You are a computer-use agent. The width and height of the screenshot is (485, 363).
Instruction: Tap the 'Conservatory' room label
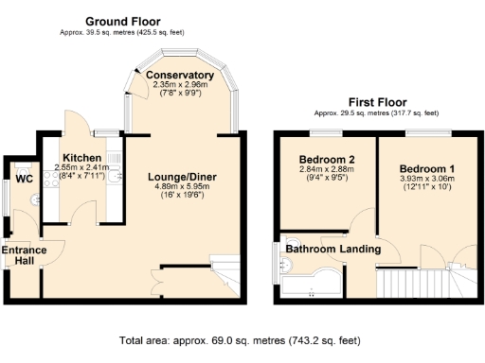183,76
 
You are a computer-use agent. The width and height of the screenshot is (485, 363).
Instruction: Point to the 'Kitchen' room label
81,158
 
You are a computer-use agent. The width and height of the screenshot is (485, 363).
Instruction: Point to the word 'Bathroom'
313,249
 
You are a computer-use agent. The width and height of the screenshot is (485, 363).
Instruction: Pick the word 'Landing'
363,249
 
